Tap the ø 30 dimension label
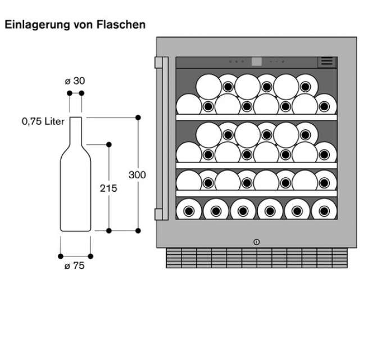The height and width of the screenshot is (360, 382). (75, 80)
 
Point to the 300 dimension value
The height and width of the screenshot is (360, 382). (137, 175)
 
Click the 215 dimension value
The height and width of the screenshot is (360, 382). (108, 188)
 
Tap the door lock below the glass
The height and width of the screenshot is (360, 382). (257, 242)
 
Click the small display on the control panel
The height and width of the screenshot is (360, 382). (257, 62)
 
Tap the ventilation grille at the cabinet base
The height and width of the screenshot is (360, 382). (257, 258)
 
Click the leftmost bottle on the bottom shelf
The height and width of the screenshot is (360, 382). (189, 210)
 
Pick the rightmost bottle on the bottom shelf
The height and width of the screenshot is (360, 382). (324, 210)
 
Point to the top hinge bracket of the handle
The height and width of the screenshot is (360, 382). (159, 61)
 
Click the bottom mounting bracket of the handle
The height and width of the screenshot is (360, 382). (159, 214)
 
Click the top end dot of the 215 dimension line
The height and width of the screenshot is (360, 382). (109, 145)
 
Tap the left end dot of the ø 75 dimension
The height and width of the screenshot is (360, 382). (61, 256)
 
